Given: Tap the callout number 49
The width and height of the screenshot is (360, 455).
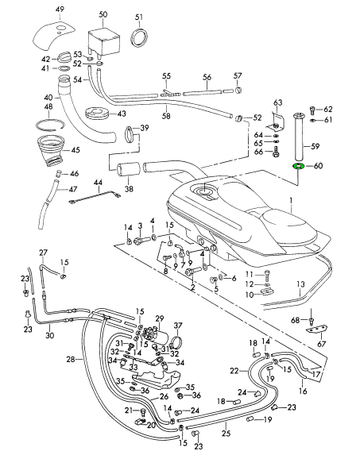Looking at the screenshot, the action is [x=60, y=10].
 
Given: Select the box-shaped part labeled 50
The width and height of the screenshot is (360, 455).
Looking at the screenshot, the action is [x=103, y=43].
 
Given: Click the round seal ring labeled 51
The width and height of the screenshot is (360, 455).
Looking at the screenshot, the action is [x=140, y=37].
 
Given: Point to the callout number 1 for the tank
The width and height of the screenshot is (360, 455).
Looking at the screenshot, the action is [x=291, y=201].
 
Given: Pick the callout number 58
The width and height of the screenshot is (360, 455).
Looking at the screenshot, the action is [x=166, y=116].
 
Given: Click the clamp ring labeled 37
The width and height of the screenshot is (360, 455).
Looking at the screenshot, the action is [x=176, y=343].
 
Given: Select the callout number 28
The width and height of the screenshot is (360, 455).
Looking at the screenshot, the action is [x=71, y=360].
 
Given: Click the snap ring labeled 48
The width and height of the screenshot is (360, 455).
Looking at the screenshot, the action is [x=50, y=125].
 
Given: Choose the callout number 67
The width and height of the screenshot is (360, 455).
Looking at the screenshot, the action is [x=322, y=344].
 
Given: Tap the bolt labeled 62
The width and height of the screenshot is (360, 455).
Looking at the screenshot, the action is [x=312, y=110].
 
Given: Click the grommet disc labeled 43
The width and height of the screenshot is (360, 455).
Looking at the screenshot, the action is [x=97, y=114].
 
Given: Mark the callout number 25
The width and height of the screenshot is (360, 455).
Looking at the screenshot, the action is [x=226, y=434].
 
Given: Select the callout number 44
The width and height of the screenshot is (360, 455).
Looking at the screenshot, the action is [x=98, y=183].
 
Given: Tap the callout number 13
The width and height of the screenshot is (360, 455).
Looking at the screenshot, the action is [x=300, y=283].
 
